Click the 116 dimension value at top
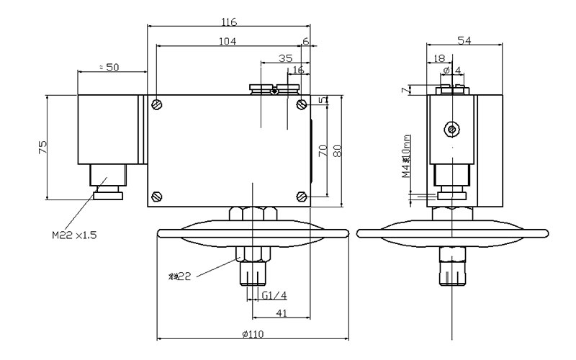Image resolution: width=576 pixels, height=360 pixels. click(x=229, y=22)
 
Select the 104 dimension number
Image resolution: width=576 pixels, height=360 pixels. click(x=228, y=42)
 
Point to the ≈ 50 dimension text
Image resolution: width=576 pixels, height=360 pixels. click(x=110, y=66)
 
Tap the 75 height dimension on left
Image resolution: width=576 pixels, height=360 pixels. click(x=42, y=147)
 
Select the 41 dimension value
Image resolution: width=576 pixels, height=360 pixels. click(x=282, y=312)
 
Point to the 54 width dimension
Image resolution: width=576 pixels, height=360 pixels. click(x=465, y=42)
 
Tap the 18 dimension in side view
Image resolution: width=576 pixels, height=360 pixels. click(x=438, y=58)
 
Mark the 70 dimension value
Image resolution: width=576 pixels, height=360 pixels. click(x=323, y=150)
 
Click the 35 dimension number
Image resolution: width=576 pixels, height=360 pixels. click(x=285, y=58)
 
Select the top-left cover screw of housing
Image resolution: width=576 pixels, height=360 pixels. click(x=157, y=104)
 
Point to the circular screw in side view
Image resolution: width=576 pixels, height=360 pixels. click(x=451, y=130)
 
